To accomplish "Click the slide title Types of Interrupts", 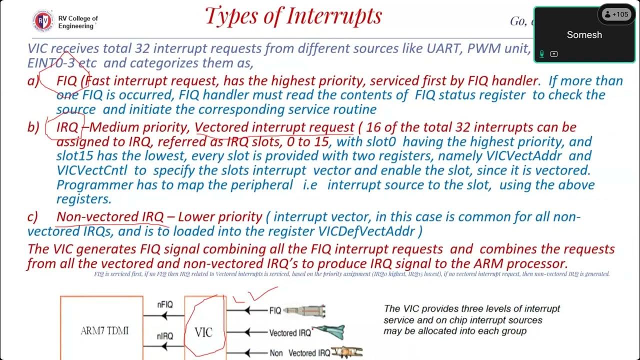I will point(293,16).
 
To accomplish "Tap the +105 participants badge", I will point(615,14).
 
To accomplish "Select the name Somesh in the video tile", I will point(584,35).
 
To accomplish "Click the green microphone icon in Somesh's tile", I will point(541,54).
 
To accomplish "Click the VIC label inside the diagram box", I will point(203,332).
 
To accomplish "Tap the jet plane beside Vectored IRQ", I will point(328,332).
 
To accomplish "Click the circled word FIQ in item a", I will point(66,81).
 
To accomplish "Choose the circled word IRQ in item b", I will point(67,127).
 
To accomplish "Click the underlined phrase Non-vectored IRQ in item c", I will point(110,217).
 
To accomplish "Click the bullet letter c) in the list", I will point(32,217).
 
